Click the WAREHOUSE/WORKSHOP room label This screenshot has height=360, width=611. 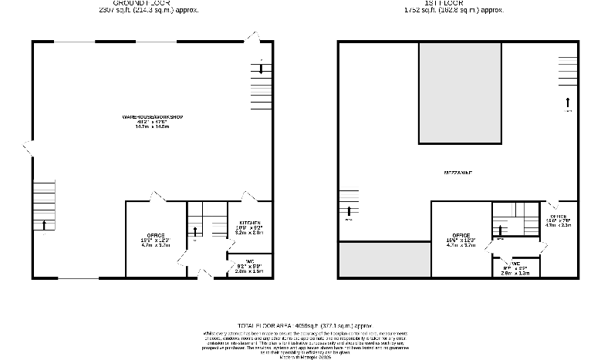(151, 117)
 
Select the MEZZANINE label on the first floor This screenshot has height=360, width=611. (458, 173)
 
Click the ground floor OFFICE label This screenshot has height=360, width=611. (156, 235)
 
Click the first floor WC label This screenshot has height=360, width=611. (516, 264)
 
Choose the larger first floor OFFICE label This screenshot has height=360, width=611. (461, 236)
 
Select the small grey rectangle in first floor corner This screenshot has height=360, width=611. (384, 260)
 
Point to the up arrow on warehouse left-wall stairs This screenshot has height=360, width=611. (45, 224)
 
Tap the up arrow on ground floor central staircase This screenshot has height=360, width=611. (195, 230)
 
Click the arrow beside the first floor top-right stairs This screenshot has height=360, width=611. (568, 101)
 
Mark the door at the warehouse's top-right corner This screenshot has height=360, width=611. (252, 36)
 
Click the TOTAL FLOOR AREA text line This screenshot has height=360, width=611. (305, 326)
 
